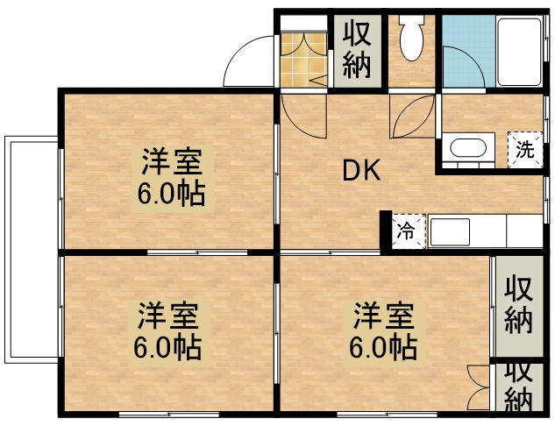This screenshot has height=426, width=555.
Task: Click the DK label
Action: tap(360, 171)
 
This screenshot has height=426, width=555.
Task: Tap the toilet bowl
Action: tap(410, 38)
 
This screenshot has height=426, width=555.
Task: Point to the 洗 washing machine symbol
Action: tap(524, 149)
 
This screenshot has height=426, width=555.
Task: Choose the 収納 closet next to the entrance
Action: tap(356, 50)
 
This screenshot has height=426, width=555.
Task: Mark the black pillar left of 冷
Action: tap(385, 231)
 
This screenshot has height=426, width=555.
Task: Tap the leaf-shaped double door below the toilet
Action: tap(412, 117)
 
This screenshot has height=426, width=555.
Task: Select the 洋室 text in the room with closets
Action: tap(383, 314)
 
